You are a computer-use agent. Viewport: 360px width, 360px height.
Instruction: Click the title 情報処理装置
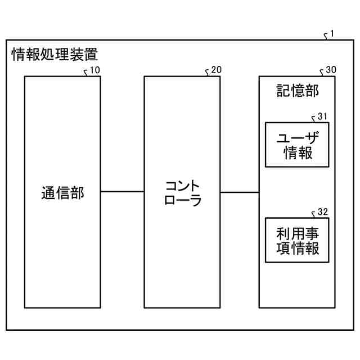click(x=55, y=55)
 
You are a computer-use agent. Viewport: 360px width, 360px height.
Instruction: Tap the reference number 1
click(x=332, y=34)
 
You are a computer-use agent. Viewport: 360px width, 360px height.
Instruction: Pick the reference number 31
click(x=322, y=116)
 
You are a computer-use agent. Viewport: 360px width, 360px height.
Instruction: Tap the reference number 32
click(x=322, y=212)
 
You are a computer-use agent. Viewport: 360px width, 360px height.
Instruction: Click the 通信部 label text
click(x=62, y=193)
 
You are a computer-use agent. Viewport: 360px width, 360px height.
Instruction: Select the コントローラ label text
click(x=182, y=193)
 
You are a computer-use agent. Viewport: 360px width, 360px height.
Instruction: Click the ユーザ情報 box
click(x=297, y=145)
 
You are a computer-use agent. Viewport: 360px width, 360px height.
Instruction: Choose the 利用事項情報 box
click(x=297, y=240)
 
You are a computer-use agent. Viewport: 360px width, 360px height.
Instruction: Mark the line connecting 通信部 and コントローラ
click(x=122, y=192)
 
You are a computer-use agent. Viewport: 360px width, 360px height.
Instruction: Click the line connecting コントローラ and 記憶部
click(x=239, y=192)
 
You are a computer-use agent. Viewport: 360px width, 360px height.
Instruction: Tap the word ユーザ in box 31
click(x=298, y=137)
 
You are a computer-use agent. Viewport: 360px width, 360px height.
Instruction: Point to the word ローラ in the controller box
click(x=182, y=201)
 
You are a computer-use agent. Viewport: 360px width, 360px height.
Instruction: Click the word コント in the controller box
click(x=182, y=186)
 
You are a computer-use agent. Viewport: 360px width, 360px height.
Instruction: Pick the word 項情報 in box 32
click(x=298, y=248)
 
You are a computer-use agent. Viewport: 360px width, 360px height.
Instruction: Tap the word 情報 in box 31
click(x=298, y=152)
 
